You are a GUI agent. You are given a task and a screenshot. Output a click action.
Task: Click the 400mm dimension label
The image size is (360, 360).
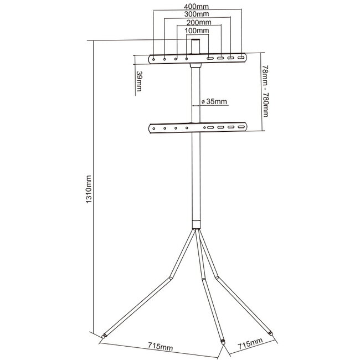click(198, 6)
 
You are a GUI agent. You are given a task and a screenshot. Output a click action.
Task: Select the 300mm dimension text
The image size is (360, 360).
click(198, 14)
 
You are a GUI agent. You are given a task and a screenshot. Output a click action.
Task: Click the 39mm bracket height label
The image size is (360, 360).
click(138, 83)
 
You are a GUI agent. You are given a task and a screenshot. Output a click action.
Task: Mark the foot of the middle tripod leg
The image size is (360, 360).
click(222, 342)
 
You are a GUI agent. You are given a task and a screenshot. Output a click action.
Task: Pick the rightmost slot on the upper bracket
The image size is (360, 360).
click(241, 58)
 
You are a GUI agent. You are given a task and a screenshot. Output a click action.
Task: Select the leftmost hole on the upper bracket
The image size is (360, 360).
click(154, 58)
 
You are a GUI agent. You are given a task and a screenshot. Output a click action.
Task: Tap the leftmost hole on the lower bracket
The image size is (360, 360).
click(154, 128)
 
